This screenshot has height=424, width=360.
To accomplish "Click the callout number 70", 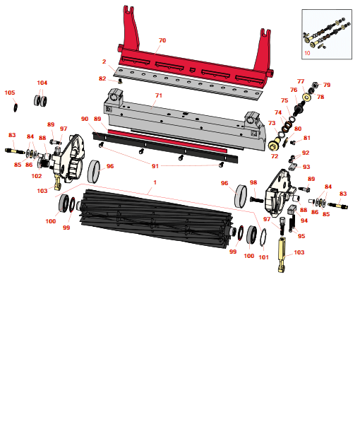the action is point(162,40).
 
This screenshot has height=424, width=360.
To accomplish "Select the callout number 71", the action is point(159,95).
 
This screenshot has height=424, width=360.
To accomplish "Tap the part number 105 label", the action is point(10,93).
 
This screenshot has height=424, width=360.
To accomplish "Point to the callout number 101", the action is point(263,257).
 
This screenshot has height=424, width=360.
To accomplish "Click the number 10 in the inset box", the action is point(307,53).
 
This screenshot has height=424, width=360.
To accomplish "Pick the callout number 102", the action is point(37,176).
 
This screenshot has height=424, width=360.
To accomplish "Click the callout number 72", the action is point(275,156).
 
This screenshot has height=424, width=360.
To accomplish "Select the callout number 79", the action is point(327,85).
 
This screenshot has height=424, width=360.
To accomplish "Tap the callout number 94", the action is point(304,220).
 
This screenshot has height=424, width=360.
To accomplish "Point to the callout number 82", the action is point(102,78).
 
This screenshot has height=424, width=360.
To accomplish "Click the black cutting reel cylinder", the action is point(156,218).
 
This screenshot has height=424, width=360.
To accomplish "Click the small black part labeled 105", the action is point(16,107).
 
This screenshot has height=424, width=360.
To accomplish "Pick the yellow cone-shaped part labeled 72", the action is point(275,143).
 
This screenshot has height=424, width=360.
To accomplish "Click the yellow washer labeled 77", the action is point(306,97).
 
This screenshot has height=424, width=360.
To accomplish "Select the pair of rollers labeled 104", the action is point(40,100).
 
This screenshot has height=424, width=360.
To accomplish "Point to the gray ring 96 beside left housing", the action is point(94,172).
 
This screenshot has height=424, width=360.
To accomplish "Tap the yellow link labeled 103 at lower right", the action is point(282,254).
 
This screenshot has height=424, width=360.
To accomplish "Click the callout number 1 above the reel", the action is point(155,182).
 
